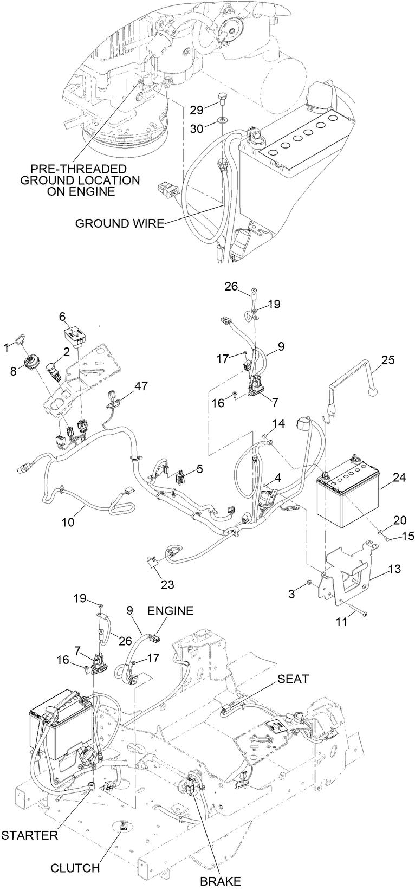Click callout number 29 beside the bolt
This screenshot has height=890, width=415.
(x=197, y=110)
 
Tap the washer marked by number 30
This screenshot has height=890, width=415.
(x=224, y=118)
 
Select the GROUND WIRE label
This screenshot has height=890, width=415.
(x=119, y=223)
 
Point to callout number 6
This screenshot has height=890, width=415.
(x=62, y=315)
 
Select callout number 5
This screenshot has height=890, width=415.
(x=200, y=468)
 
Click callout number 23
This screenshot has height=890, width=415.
(x=167, y=584)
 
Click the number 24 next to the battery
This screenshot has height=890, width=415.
(x=399, y=478)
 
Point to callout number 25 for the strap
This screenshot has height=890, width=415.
(x=388, y=359)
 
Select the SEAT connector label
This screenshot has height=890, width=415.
(x=293, y=678)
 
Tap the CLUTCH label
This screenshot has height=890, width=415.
(x=75, y=868)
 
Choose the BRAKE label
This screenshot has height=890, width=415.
(x=221, y=881)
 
